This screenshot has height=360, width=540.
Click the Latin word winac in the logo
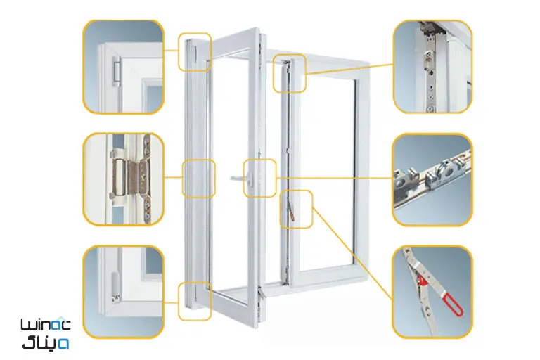click(x=46, y=325)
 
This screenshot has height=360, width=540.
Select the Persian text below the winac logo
click(x=46, y=342)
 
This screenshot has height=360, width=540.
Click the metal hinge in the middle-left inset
click(x=130, y=179)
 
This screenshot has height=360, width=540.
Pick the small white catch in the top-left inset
click(x=117, y=71)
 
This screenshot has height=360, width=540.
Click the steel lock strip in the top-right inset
click(x=429, y=69)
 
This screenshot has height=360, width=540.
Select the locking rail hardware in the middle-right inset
click(x=432, y=181)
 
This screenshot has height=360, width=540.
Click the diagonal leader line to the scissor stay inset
click(x=352, y=253)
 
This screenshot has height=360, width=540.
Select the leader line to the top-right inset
click(x=349, y=69)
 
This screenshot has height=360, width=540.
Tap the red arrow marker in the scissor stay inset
click(x=423, y=281)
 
